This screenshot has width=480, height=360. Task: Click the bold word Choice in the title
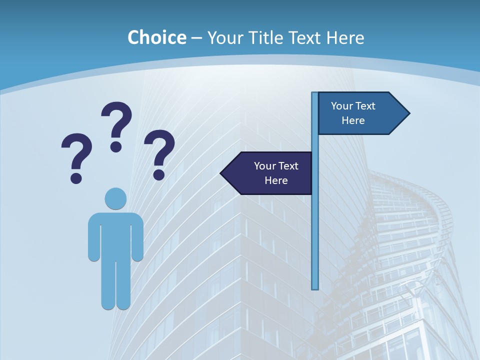click(x=156, y=37)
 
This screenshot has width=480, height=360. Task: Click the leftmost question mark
click(x=76, y=157)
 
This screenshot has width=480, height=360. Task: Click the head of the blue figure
click(x=115, y=198)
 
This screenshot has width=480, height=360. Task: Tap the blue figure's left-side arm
click(x=94, y=237)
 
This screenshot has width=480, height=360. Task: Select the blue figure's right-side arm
click(x=137, y=237)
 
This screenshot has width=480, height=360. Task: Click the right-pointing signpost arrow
click(x=360, y=113)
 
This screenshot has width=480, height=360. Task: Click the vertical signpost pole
click(x=315, y=225)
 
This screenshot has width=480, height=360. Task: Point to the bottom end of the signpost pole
click(x=315, y=287)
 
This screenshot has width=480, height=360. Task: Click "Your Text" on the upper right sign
click(x=353, y=106)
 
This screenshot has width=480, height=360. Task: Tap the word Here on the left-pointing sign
click(x=276, y=180)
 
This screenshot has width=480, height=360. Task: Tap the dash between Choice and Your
click(x=196, y=38)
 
